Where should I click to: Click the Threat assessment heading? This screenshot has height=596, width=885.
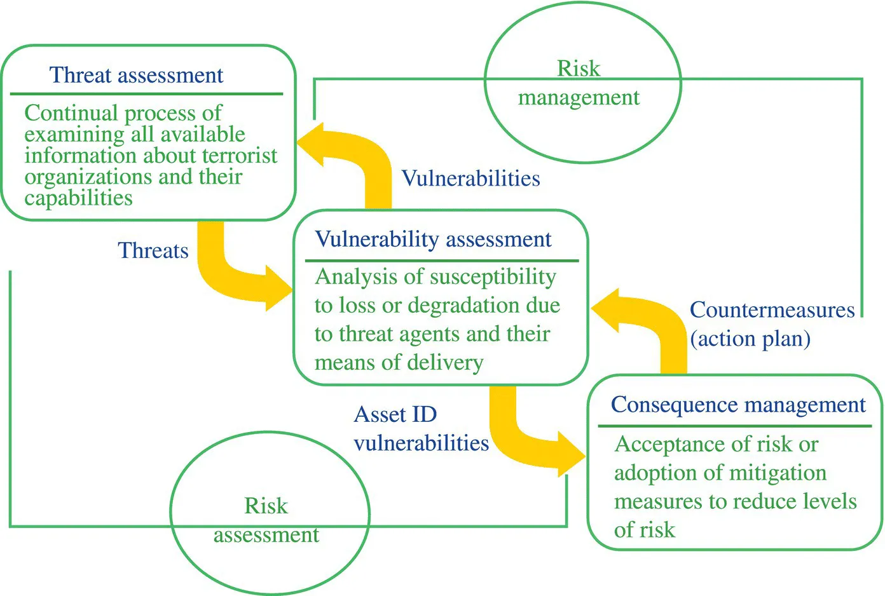click(x=136, y=75)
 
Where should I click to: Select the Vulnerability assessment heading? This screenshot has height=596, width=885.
click(x=433, y=239)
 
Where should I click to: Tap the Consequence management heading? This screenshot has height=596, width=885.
click(x=737, y=405)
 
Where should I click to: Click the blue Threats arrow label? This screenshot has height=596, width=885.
click(x=153, y=250)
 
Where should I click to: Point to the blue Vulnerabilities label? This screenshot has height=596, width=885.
click(x=470, y=179)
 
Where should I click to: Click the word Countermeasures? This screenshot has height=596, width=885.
click(x=772, y=310)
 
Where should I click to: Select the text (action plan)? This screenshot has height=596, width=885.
click(x=750, y=339)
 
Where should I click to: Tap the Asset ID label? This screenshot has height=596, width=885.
click(x=395, y=414)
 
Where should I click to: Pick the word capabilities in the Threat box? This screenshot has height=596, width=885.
click(x=79, y=198)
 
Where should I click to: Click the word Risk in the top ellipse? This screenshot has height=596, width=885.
click(x=578, y=68)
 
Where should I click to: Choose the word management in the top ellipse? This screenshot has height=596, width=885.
click(x=579, y=97)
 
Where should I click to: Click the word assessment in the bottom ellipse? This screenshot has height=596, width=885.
click(x=266, y=535)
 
